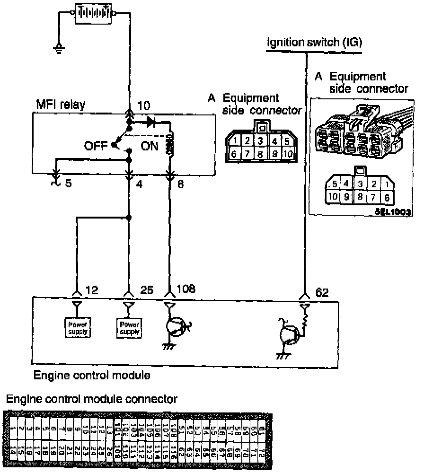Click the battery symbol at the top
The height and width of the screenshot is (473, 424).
pyautogui.click(x=93, y=13)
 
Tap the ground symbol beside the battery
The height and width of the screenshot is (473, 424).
pyautogui.click(x=59, y=47)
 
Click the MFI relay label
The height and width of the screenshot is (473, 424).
pyautogui.click(x=60, y=104)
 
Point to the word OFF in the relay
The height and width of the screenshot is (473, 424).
pyautogui.click(x=97, y=146)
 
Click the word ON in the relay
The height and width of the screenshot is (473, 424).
pyautogui.click(x=150, y=146)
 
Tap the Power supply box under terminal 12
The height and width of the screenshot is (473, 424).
pyautogui.click(x=77, y=328)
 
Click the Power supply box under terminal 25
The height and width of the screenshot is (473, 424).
pyautogui.click(x=129, y=328)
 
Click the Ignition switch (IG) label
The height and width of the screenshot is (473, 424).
pyautogui.click(x=315, y=43)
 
